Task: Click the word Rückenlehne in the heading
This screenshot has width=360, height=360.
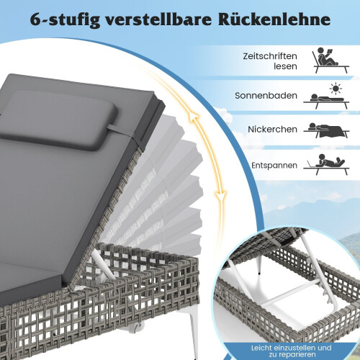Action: coord(274,19)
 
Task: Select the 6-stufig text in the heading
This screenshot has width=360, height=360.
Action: coord(65,20)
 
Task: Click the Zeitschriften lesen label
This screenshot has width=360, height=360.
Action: coord(270,61)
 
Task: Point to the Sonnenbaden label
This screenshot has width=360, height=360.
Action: coord(266,96)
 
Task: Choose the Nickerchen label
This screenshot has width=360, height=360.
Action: coord(272,129)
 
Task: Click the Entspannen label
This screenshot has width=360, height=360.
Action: coord(274,166)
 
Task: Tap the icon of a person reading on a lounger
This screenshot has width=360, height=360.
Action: coord(330,60)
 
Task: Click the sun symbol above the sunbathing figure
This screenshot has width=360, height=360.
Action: coord(336,89)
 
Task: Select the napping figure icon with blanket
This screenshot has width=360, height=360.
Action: coord(326,130)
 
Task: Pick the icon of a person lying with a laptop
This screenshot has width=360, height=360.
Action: coord(326,164)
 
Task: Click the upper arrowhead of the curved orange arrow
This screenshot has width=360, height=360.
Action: coord(193,118)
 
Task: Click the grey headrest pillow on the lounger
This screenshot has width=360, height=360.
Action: coord(59,120)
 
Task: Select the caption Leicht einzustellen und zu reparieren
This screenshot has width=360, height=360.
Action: coord(291,351)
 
